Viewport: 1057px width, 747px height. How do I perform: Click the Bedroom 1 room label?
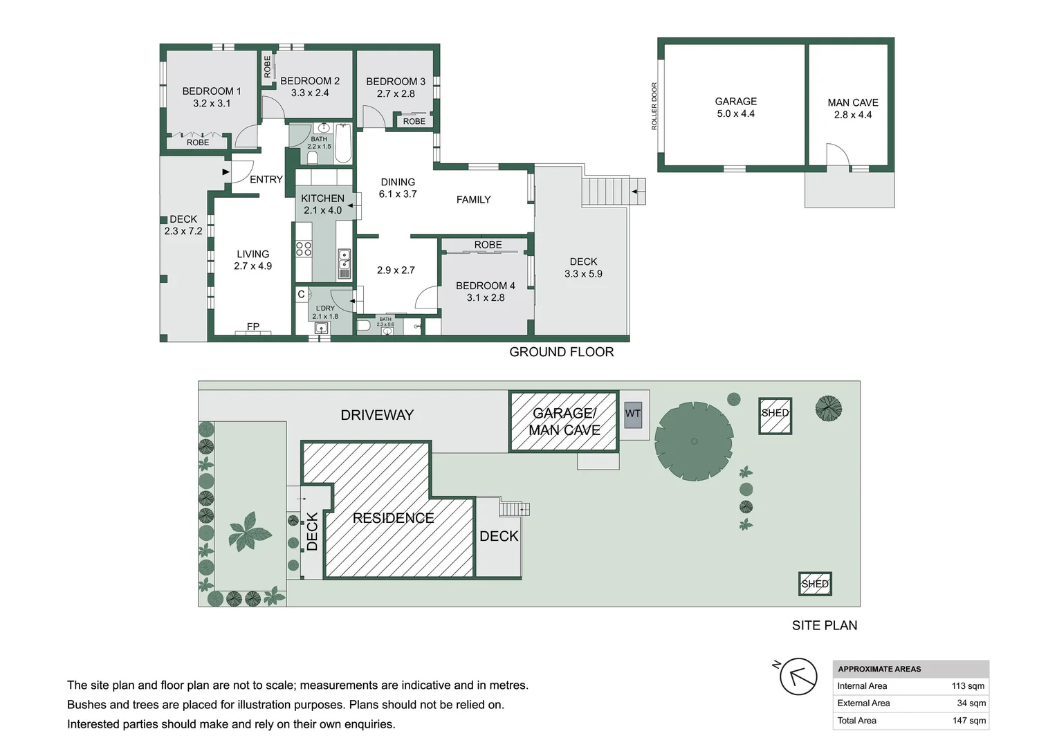(x=212, y=91)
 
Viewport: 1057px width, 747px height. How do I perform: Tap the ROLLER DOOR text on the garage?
(x=654, y=107)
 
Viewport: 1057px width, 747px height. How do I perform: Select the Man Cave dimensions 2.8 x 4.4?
(x=853, y=115)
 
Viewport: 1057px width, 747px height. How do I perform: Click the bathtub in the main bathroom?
(x=344, y=143)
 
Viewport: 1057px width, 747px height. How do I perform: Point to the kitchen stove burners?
(x=304, y=249)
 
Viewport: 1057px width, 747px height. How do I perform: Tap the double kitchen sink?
(x=344, y=264)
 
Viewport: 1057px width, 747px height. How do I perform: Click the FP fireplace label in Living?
(x=253, y=326)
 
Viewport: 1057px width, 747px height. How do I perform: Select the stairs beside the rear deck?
(x=614, y=191)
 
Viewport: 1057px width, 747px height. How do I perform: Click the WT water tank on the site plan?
(x=633, y=414)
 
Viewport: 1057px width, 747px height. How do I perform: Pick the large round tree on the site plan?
(x=694, y=441)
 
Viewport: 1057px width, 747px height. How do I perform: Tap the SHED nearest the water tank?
(x=775, y=416)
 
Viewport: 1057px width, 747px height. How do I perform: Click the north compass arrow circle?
(x=798, y=676)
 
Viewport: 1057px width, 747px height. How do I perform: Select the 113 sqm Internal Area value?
(x=968, y=686)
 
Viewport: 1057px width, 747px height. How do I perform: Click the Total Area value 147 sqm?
(x=968, y=721)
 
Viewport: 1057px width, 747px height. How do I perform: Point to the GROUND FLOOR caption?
(x=562, y=352)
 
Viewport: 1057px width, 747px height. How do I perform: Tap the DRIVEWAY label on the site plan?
(x=377, y=415)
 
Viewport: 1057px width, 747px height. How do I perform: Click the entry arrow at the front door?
(x=226, y=172)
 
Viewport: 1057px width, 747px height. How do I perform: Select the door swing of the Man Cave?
(x=838, y=154)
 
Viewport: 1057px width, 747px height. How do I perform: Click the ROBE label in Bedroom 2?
(x=268, y=66)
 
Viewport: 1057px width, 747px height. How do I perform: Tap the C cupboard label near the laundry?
(x=301, y=295)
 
